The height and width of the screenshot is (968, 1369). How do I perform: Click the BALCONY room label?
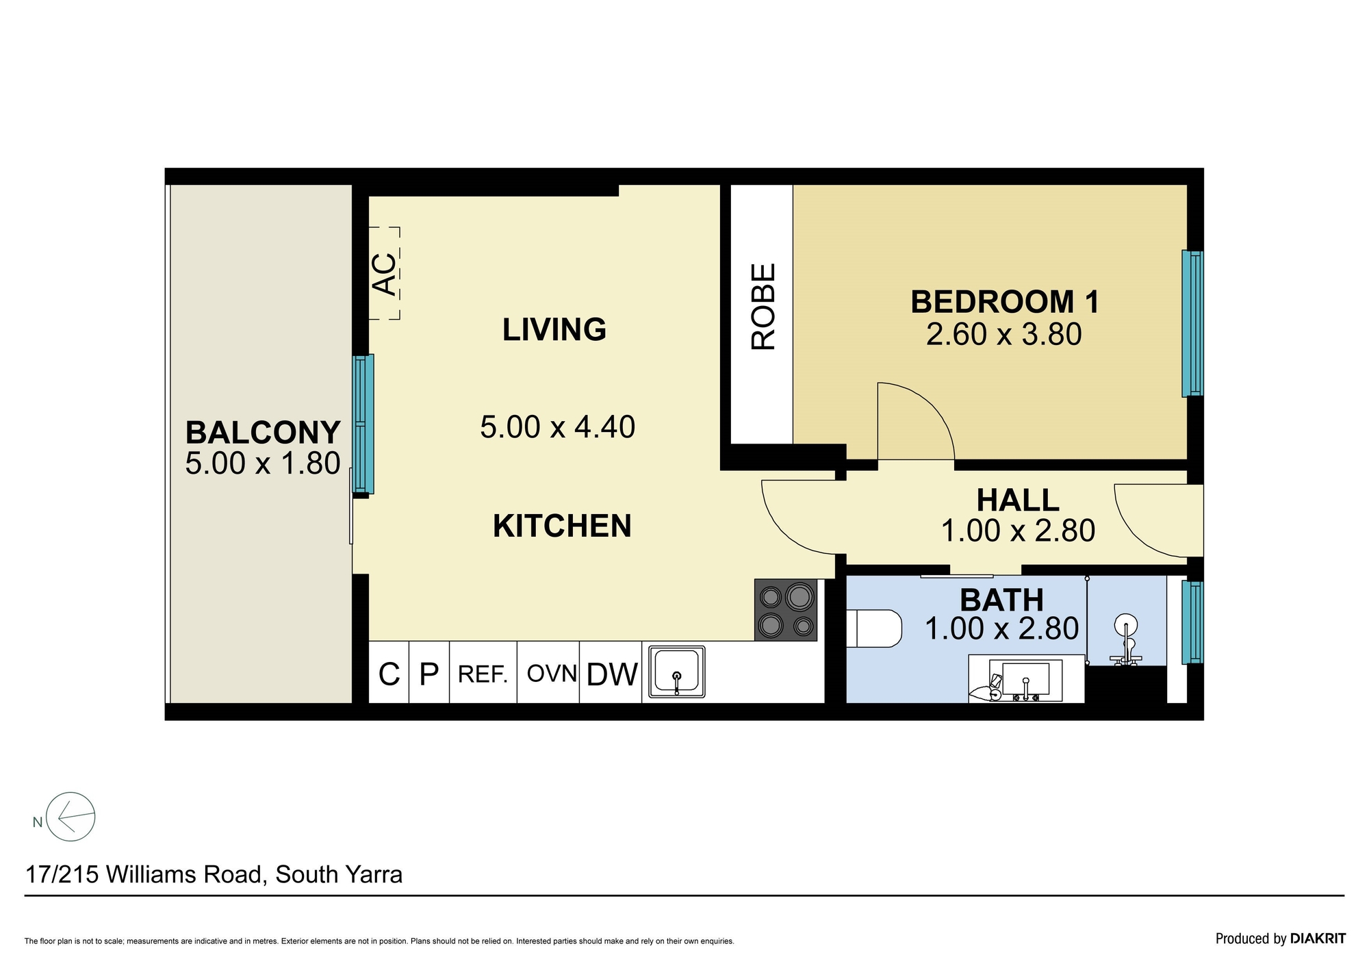[x=263, y=433]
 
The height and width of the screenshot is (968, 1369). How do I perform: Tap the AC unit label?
[x=385, y=274]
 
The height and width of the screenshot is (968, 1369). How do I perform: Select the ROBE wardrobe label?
[x=763, y=307]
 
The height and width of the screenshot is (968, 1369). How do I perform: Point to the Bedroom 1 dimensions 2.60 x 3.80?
[x=1003, y=335]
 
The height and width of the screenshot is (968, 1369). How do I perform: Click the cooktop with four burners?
[x=786, y=610]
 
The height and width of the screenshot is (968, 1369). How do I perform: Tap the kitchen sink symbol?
[x=676, y=672]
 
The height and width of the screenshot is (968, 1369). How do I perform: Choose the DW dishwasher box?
[x=611, y=672]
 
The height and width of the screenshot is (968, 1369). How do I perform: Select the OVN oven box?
[x=548, y=672]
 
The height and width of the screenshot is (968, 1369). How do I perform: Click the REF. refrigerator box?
[x=483, y=672]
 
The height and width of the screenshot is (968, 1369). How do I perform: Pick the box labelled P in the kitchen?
[x=429, y=672]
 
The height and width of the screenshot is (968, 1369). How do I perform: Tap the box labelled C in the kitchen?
[x=389, y=672]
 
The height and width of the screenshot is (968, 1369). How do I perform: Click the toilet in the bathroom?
[x=874, y=628]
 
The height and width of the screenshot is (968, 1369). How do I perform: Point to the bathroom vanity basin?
[x=1025, y=679]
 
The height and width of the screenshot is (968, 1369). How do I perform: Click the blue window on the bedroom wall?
[x=1192, y=324]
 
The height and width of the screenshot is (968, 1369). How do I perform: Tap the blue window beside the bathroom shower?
[x=1192, y=622]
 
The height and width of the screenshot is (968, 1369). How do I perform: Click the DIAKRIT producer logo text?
[x=1318, y=939]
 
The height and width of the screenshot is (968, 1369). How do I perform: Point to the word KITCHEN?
[x=562, y=526]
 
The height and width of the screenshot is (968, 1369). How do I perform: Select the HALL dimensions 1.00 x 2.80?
[x=1018, y=531]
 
